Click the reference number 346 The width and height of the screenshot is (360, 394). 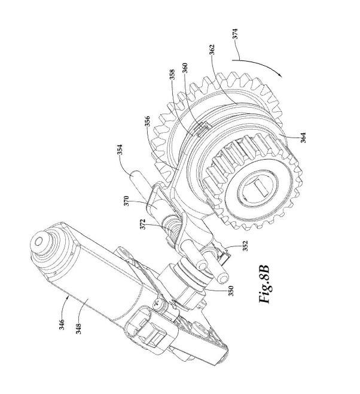coord(62,324)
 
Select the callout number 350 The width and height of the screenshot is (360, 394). coord(231,291)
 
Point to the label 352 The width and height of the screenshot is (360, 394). coord(245,246)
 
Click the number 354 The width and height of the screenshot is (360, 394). coord(120,149)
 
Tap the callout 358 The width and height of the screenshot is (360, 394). coord(172,75)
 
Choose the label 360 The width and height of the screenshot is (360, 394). coord(185,68)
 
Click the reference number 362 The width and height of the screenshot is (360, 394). coord(212,50)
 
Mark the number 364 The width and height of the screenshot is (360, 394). coord(303,138)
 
